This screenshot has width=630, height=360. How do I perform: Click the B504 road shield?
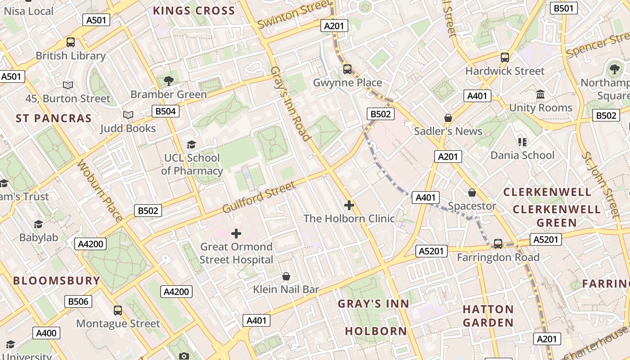166,111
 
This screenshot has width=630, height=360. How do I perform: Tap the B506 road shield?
78,301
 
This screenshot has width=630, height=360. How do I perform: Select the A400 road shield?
46,333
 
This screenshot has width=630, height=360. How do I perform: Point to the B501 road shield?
564,8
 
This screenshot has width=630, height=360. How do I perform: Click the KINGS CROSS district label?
194,11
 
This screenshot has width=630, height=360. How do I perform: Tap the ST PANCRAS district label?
54,118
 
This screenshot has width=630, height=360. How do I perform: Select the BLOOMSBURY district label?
57,281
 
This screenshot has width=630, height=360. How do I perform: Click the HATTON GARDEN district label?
488,316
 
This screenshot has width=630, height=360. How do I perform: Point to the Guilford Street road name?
259,197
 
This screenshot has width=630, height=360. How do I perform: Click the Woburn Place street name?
99,190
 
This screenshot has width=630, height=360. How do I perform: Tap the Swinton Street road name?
294,14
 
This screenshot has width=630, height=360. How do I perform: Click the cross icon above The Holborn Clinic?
349,205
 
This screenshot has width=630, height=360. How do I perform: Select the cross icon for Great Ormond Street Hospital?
236,233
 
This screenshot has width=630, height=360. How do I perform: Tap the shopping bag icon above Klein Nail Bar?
286,276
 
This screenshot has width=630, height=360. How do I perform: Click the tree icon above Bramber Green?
169,81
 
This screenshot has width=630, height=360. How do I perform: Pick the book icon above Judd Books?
128,115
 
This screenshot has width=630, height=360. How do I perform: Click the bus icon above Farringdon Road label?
498,243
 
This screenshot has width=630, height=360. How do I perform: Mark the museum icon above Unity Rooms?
540,94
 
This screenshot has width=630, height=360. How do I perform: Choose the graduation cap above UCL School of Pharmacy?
192,144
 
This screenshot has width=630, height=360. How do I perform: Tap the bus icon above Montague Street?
118,310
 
